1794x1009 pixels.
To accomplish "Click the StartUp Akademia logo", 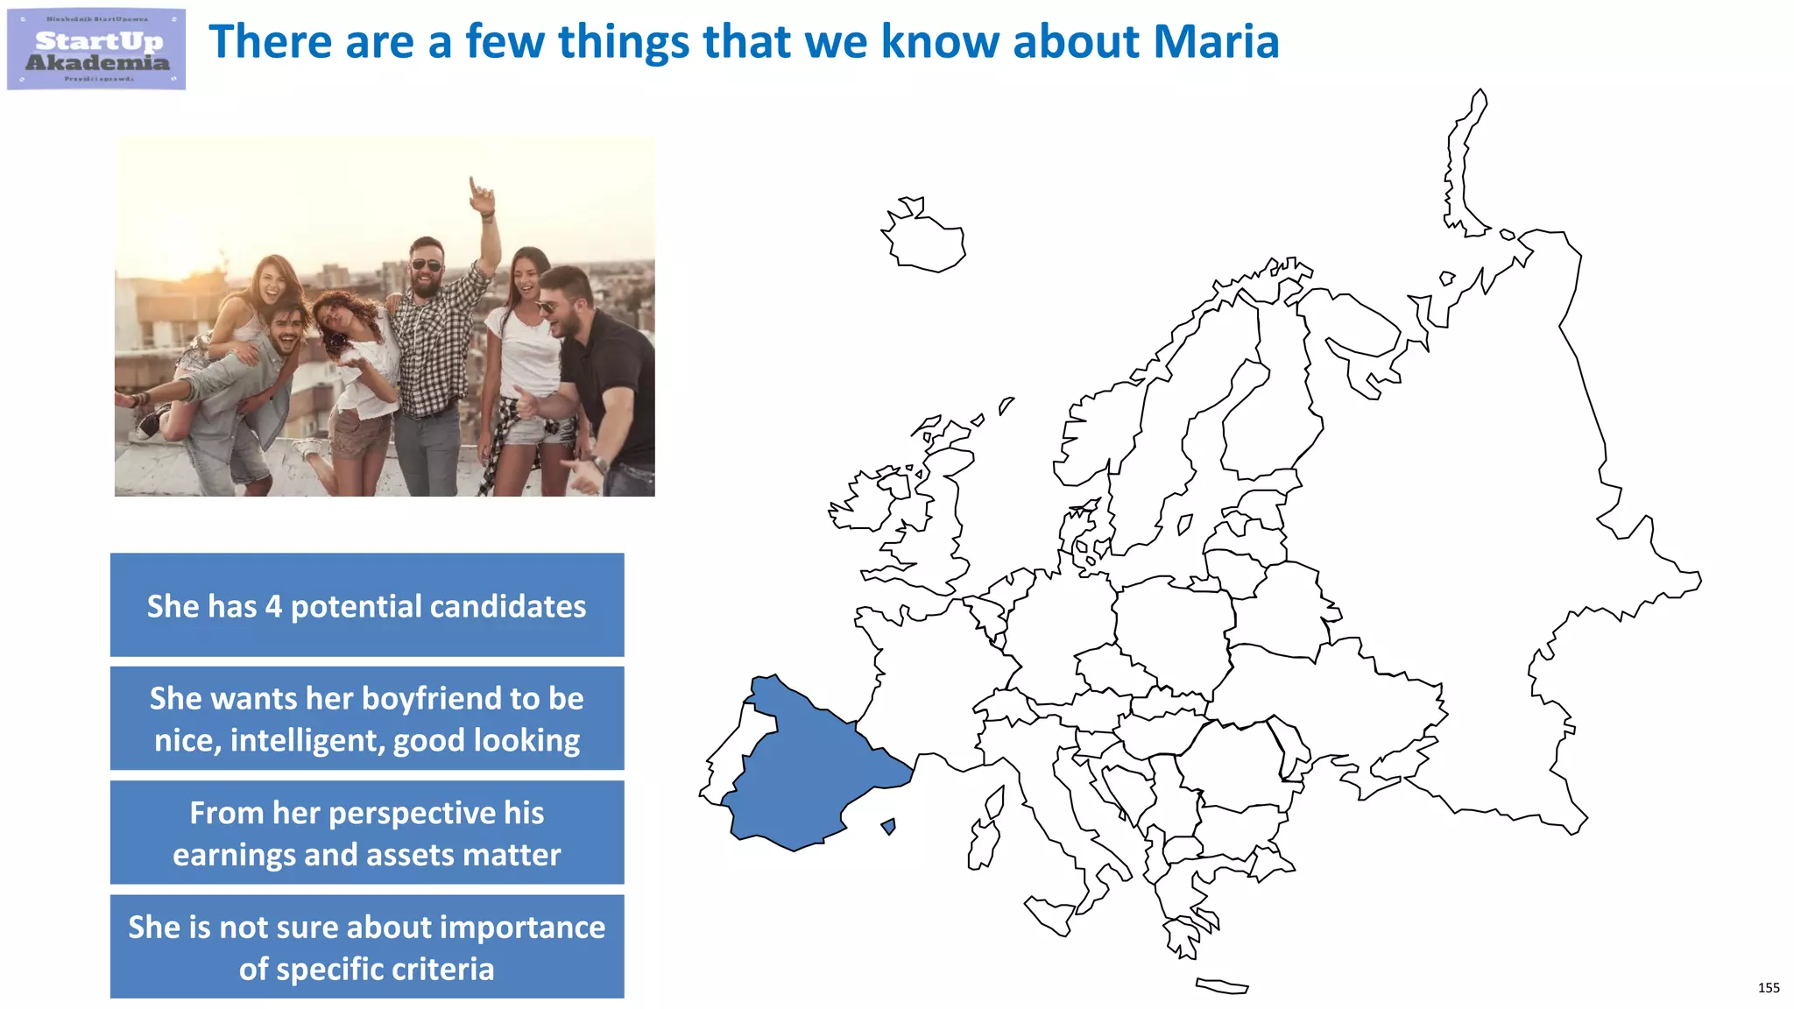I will pos(96,50).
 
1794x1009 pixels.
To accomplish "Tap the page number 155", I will pos(1768,988).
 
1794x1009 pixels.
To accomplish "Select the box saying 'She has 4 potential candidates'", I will pos(367,605).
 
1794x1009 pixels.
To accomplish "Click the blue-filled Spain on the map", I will pos(806,771).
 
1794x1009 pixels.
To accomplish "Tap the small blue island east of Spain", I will pos(889,826).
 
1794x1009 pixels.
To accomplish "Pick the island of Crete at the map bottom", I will pos(1222,986).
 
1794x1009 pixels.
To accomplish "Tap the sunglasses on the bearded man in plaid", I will pos(427,265).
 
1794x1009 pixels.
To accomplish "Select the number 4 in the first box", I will pos(273,606).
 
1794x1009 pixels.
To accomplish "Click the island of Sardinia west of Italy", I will pos(982,845).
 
